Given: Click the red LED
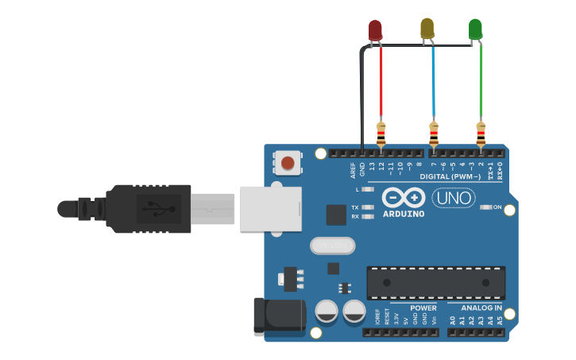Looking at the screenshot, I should pyautogui.click(x=375, y=30).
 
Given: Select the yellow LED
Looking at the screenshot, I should pyautogui.click(x=427, y=28).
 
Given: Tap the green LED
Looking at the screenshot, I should pyautogui.click(x=475, y=29).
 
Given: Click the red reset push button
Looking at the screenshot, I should pyautogui.click(x=288, y=163).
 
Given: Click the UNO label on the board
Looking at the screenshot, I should pyautogui.click(x=453, y=197).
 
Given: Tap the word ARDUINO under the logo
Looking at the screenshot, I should pyautogui.click(x=404, y=214).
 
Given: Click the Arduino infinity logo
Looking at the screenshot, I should pyautogui.click(x=404, y=197).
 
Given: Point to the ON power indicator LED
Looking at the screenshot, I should pyautogui.click(x=486, y=207).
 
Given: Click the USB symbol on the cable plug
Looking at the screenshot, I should pyautogui.click(x=150, y=208).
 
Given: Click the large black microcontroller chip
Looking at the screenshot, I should pyautogui.click(x=435, y=283).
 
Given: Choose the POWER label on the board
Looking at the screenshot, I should pyautogui.click(x=423, y=308).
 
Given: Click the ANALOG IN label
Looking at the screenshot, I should pyautogui.click(x=481, y=308).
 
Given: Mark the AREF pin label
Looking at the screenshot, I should pyautogui.click(x=353, y=170).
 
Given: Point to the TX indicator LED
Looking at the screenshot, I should pyautogui.click(x=367, y=207).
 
